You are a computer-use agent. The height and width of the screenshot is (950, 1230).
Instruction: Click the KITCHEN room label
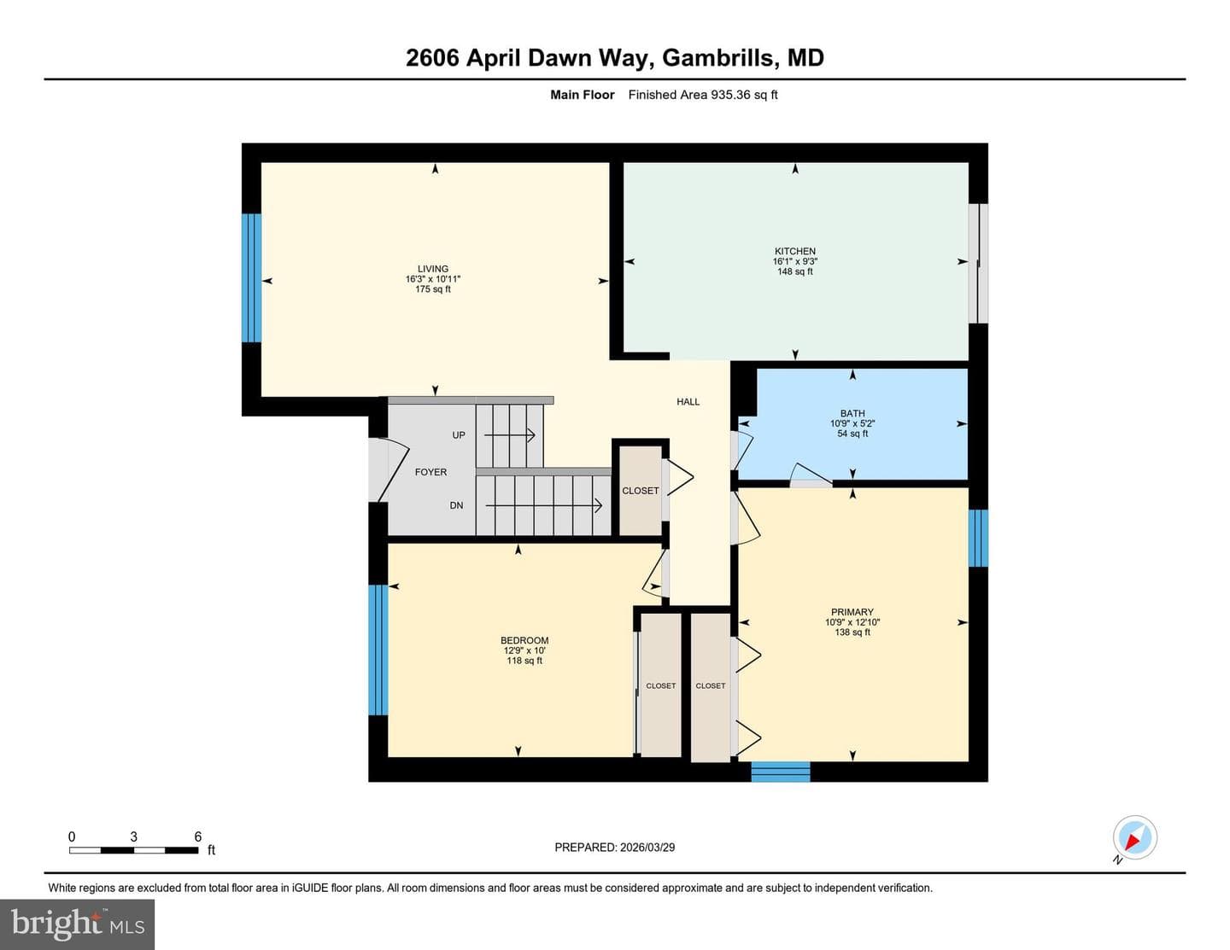pos(794,251)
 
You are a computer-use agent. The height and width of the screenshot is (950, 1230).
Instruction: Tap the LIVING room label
pos(433,269)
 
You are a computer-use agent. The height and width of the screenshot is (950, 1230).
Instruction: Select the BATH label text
pos(852,413)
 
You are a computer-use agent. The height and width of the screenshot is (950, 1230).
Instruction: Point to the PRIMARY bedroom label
pos(852,612)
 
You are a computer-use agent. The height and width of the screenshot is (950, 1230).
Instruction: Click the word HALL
pos(688,402)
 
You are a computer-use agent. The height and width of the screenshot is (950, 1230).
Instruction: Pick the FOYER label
pos(430,472)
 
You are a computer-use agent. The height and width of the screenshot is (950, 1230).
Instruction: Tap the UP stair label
pos(459,434)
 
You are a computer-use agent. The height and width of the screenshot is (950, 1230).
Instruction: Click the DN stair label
pos(456,505)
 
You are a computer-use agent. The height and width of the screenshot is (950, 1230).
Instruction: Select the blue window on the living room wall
pos(251,277)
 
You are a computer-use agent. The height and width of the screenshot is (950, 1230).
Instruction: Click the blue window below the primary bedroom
pos(781,772)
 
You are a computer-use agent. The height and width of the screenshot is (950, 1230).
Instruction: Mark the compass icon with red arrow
pos(1135,837)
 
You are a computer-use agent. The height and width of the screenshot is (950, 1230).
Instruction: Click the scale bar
pos(133,850)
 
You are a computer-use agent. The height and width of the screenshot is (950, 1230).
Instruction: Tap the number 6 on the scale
pos(198,836)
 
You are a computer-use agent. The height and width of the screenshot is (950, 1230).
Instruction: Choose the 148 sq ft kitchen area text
pos(794,271)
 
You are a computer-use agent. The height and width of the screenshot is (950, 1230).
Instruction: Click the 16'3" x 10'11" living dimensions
pos(433,279)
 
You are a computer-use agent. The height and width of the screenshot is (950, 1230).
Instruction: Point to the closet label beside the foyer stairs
pos(640,491)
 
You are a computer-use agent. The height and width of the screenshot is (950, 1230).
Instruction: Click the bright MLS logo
pos(77,924)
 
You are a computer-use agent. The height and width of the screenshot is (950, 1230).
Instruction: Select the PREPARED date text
pos(615,848)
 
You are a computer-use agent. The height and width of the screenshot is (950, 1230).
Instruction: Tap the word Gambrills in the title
pos(718,58)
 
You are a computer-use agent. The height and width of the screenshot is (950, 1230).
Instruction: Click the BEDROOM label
pos(524,641)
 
